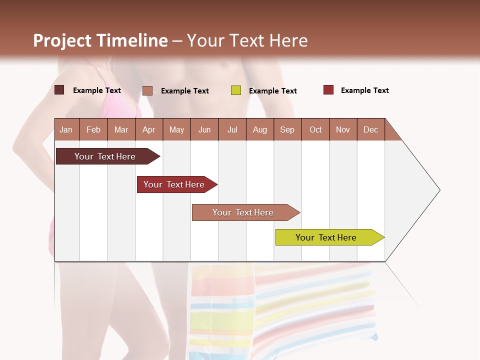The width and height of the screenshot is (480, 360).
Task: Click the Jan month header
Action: pyautogui.click(x=66, y=129)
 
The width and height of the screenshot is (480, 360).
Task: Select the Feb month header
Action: pyautogui.click(x=93, y=129)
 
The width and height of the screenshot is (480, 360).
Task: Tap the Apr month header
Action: pyautogui.click(x=148, y=129)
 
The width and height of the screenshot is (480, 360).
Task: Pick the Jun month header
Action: pyautogui.click(x=204, y=129)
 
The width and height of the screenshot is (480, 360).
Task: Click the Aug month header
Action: pyautogui.click(x=259, y=129)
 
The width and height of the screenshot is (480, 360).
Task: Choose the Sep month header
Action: pyautogui.click(x=287, y=129)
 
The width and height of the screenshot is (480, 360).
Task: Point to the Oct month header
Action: pyautogui.click(x=315, y=129)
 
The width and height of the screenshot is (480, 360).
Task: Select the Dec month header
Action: pyautogui.click(x=370, y=129)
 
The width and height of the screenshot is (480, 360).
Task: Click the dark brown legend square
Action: pyautogui.click(x=59, y=90)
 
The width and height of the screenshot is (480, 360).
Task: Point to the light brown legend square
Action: pyautogui.click(x=147, y=90)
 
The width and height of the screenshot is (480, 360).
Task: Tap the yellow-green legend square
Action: pyautogui.click(x=236, y=90)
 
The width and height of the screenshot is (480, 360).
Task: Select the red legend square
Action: pyautogui.click(x=328, y=90)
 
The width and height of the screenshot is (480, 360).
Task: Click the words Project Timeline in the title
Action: pyautogui.click(x=100, y=40)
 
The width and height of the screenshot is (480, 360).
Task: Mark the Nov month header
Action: pyautogui.click(x=342, y=129)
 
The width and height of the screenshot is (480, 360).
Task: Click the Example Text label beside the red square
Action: pyautogui.click(x=364, y=90)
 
